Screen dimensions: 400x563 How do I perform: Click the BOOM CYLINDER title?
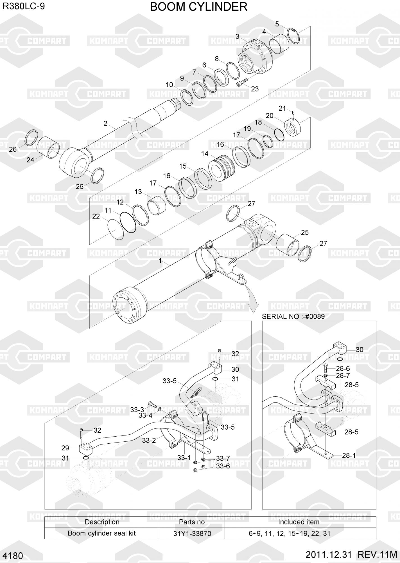(198, 7)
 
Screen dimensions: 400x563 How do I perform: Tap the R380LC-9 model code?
(24, 6)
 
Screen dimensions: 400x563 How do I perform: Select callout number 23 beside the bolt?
(255, 89)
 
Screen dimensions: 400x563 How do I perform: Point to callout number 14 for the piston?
(205, 154)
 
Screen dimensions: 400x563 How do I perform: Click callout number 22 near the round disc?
(96, 216)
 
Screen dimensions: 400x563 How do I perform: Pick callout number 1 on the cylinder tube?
(160, 261)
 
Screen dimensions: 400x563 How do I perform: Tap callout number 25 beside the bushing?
(305, 233)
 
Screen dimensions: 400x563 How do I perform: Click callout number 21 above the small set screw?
(282, 108)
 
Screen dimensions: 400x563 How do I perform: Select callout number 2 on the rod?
(105, 123)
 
